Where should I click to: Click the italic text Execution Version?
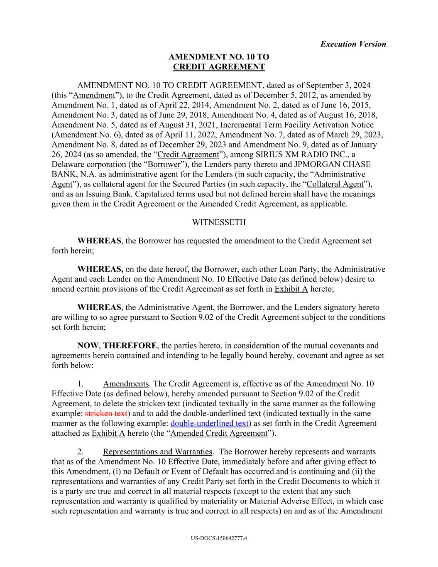coord(353,44)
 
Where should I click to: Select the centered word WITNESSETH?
coord(219,222)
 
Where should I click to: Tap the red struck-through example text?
coord(106,414)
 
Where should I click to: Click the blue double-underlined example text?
coord(209,424)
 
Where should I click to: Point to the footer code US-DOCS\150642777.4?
coord(219,538)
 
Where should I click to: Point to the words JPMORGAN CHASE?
coord(332,164)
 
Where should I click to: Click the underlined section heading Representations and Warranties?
coord(157,452)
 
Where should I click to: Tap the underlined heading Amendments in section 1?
coord(126,384)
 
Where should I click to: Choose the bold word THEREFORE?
coord(130,346)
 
